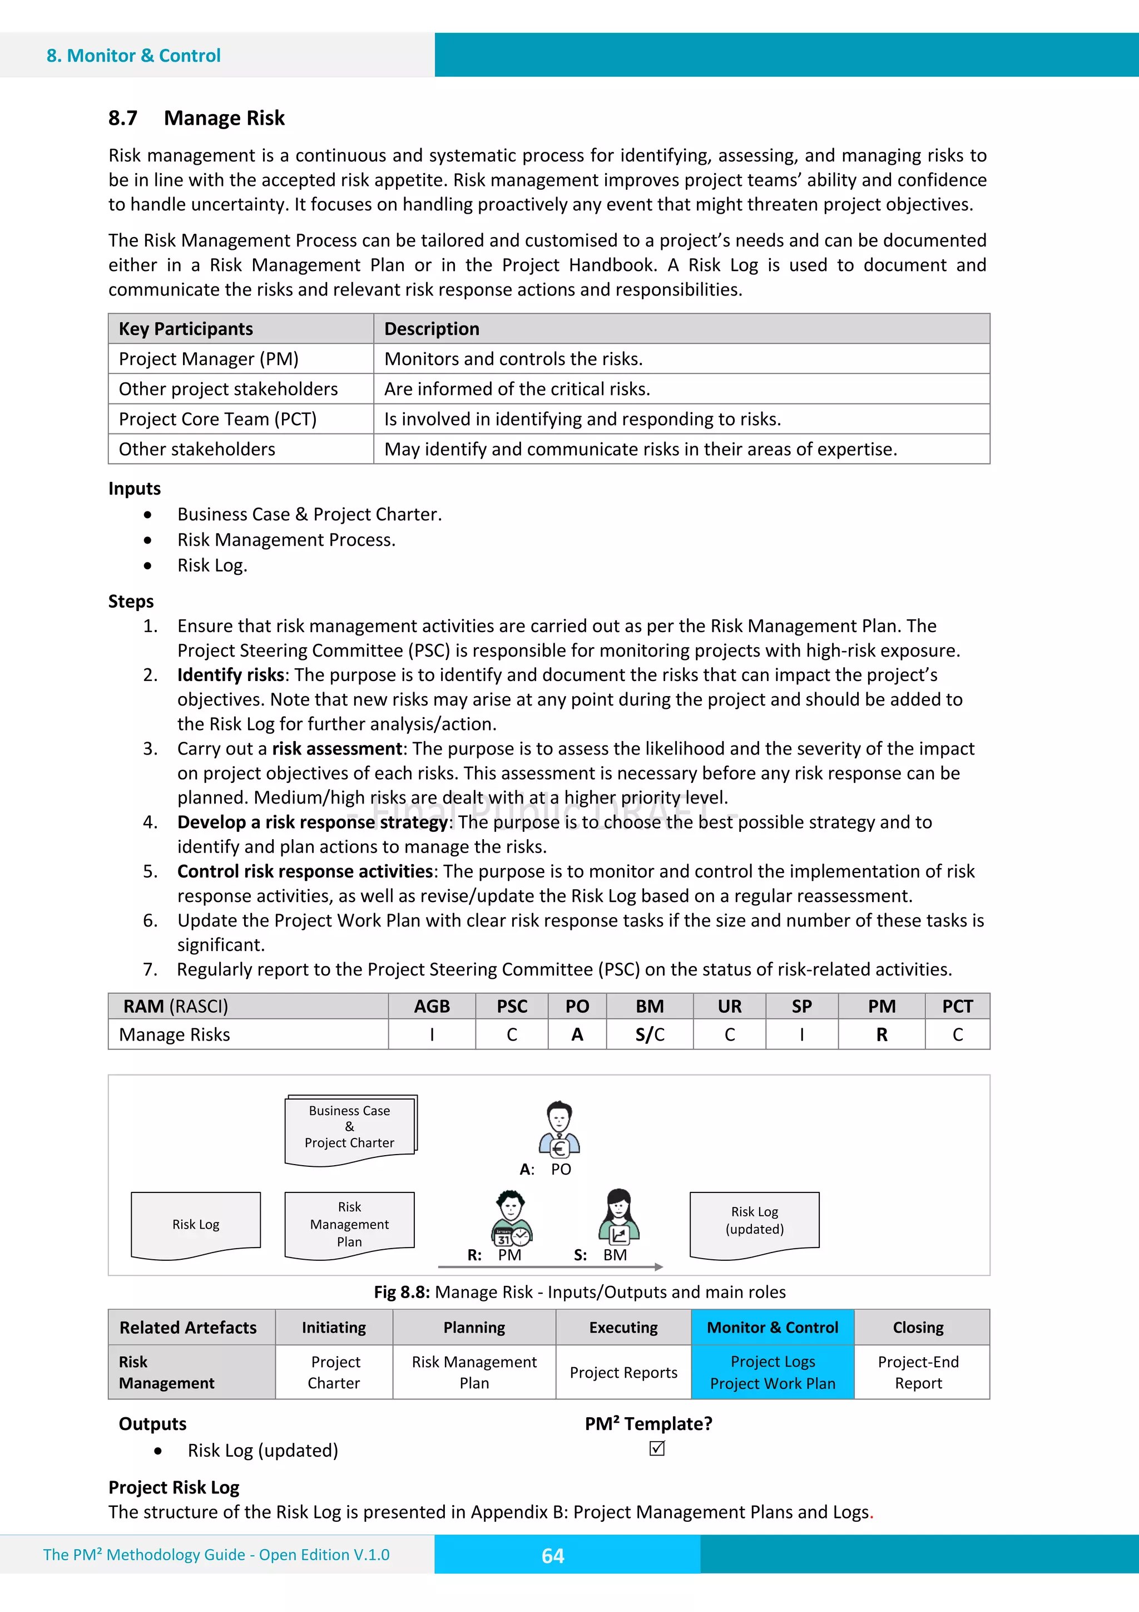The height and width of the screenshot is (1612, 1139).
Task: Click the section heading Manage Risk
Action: click(x=224, y=118)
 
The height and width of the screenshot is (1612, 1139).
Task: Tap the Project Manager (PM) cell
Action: click(x=209, y=359)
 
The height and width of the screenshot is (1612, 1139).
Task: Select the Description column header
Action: click(x=432, y=329)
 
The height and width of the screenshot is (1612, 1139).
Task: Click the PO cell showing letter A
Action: click(x=577, y=1034)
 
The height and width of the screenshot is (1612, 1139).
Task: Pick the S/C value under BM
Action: click(x=649, y=1034)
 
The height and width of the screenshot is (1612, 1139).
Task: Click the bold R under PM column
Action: click(x=882, y=1034)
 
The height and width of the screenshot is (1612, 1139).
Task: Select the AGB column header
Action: click(x=432, y=1006)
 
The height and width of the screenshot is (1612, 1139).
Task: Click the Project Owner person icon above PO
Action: click(x=559, y=1129)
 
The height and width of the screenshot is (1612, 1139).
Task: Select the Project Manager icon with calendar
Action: click(x=512, y=1218)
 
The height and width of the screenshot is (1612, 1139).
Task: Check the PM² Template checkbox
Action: click(x=657, y=1448)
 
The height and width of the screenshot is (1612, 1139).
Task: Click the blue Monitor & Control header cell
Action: click(x=772, y=1328)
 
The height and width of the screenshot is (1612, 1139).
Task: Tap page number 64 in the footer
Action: click(x=553, y=1556)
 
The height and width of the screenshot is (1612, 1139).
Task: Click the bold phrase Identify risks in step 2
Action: click(x=230, y=675)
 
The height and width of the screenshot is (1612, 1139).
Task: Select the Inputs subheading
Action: click(x=134, y=489)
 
